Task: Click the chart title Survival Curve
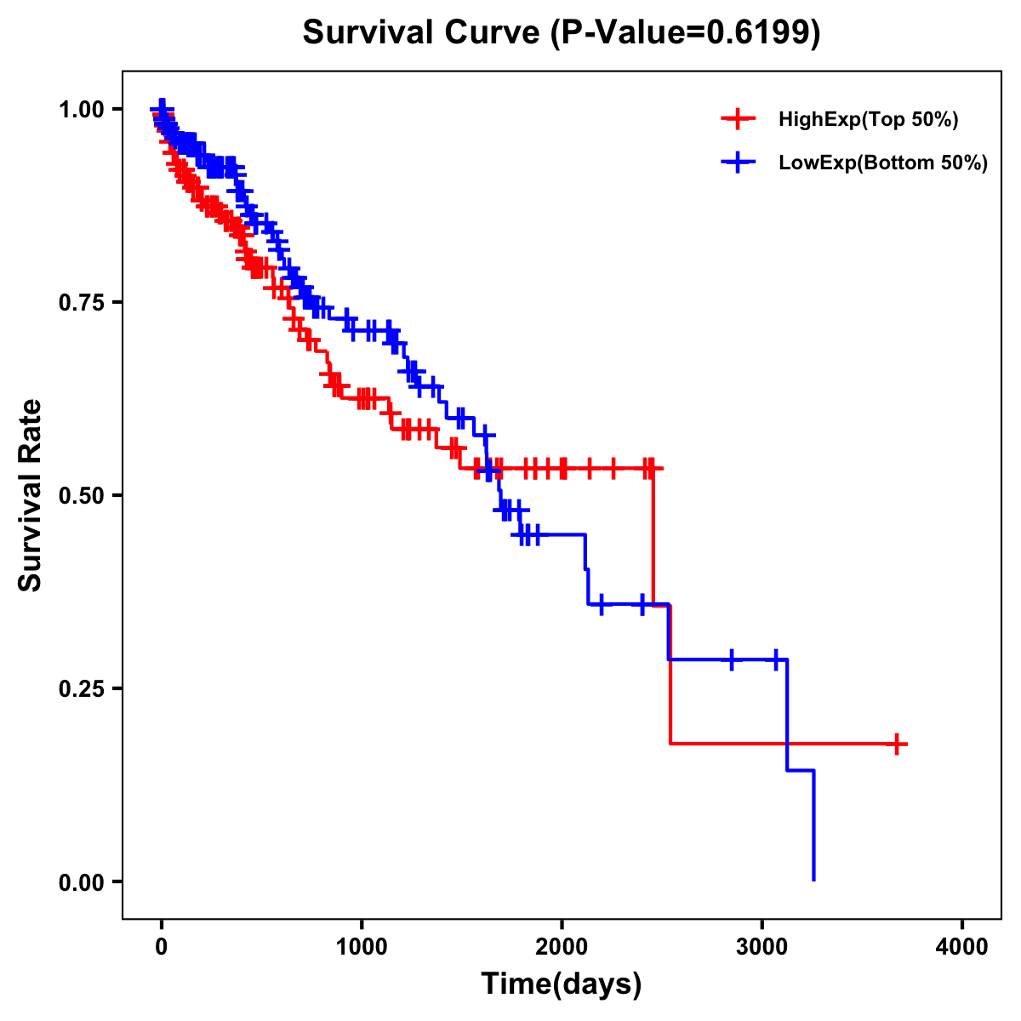(x=421, y=34)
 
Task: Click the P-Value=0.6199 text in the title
(x=685, y=34)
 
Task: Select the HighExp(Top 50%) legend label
(x=868, y=120)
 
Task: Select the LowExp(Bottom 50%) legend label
(x=883, y=163)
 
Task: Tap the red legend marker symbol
(x=738, y=120)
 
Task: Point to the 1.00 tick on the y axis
(x=81, y=110)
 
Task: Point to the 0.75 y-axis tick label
(x=81, y=303)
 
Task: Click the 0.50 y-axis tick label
(x=81, y=496)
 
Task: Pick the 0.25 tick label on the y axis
(x=81, y=689)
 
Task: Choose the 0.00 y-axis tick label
(x=81, y=882)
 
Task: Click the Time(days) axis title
(x=562, y=984)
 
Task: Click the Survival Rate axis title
(x=31, y=495)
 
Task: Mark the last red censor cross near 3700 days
(x=896, y=744)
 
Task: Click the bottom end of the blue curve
(x=814, y=879)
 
